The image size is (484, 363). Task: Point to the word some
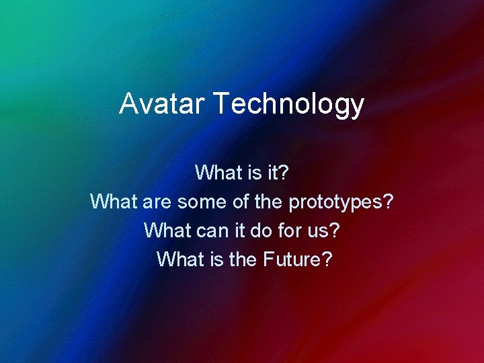click(x=200, y=201)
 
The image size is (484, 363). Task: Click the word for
click(x=292, y=230)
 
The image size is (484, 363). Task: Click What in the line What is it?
click(x=217, y=173)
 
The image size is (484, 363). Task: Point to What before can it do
click(x=167, y=230)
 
